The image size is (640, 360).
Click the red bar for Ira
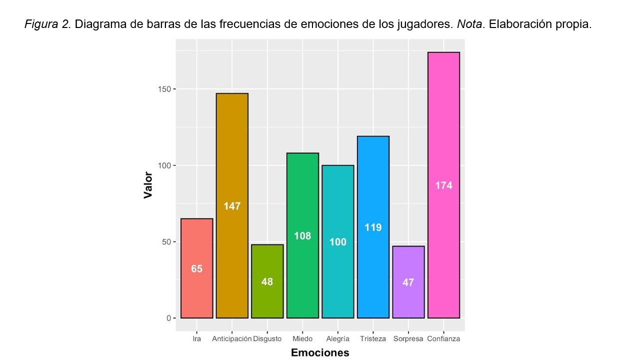(196, 290)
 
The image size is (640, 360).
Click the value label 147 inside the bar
(232, 206)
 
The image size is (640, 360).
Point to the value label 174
(443, 185)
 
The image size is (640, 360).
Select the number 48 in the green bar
(267, 282)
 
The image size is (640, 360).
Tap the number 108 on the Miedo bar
(302, 236)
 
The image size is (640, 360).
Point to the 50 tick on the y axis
(167, 242)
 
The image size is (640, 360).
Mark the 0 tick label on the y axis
(168, 318)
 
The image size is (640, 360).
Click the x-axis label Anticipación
(231, 339)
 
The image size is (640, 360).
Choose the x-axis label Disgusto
(267, 339)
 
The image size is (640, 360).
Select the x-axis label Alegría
(338, 339)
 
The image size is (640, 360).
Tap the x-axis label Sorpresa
(408, 339)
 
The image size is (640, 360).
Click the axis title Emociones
(320, 353)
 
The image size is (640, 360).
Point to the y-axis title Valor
(148, 185)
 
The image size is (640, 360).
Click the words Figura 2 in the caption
(48, 24)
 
